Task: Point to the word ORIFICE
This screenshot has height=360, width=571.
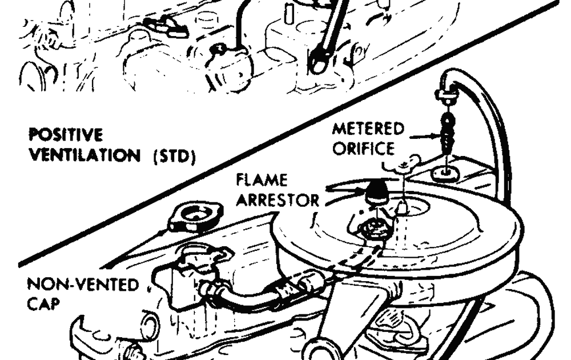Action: coord(363,149)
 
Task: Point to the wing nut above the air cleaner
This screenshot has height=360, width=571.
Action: coord(402,166)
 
